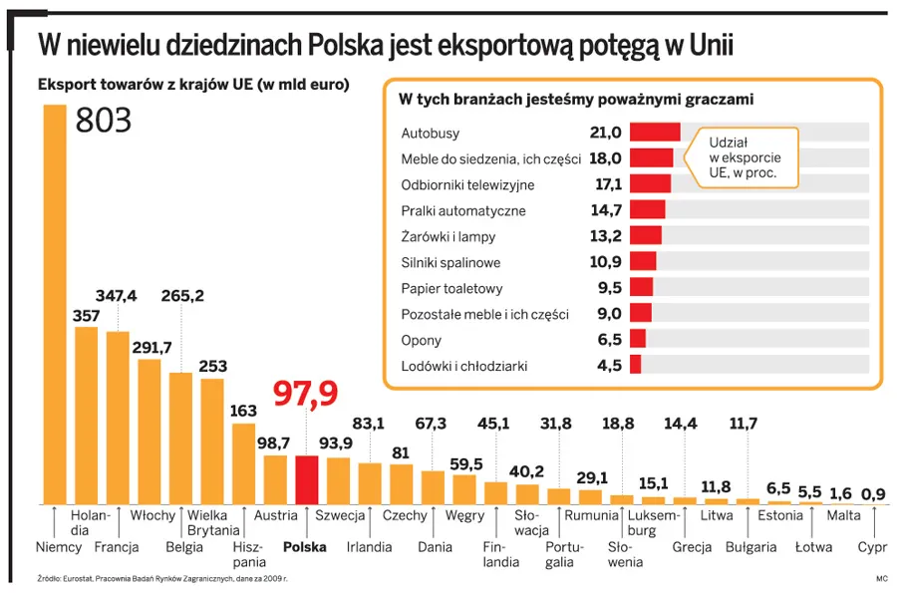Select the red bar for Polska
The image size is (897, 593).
click(x=307, y=479)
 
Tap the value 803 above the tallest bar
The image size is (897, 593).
click(x=104, y=121)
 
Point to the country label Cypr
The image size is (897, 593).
click(x=872, y=547)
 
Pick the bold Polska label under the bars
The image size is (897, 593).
click(x=305, y=547)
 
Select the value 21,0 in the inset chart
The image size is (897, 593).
click(x=605, y=133)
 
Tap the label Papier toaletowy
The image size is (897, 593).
click(x=451, y=288)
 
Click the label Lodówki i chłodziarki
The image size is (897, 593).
click(x=464, y=366)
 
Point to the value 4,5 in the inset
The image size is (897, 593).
click(x=609, y=366)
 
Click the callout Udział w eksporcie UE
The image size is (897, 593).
click(x=745, y=157)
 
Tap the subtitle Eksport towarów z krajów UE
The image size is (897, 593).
click(x=193, y=85)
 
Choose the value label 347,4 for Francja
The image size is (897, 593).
click(x=117, y=295)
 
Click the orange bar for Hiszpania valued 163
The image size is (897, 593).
click(x=243, y=463)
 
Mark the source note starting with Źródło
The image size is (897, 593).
click(x=149, y=578)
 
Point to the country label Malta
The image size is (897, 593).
click(x=843, y=515)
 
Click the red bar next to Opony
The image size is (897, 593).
click(x=638, y=340)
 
